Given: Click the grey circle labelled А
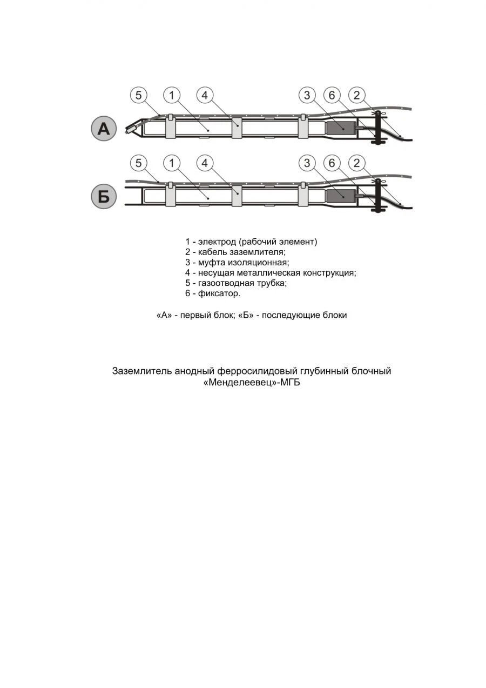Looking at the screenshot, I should (x=103, y=129).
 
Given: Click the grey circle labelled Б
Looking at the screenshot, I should (x=103, y=196).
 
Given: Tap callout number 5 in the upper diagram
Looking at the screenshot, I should (x=139, y=96).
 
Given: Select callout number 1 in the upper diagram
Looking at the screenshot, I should (x=171, y=96).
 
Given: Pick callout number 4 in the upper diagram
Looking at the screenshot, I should (x=205, y=96).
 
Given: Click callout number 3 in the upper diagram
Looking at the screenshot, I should (x=307, y=96).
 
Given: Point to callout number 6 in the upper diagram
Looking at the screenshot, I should (x=332, y=96).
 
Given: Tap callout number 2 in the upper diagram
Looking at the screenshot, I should (x=356, y=96).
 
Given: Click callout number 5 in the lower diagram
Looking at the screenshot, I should (x=139, y=163).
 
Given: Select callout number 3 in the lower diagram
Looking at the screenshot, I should (x=307, y=163).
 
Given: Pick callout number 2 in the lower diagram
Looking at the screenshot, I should (x=356, y=163).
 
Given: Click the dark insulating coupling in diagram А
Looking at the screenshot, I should (x=339, y=128).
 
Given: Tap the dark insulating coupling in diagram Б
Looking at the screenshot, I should (x=339, y=196).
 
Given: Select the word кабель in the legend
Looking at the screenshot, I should (x=213, y=252).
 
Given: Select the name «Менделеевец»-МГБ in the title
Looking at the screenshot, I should (x=251, y=383).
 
